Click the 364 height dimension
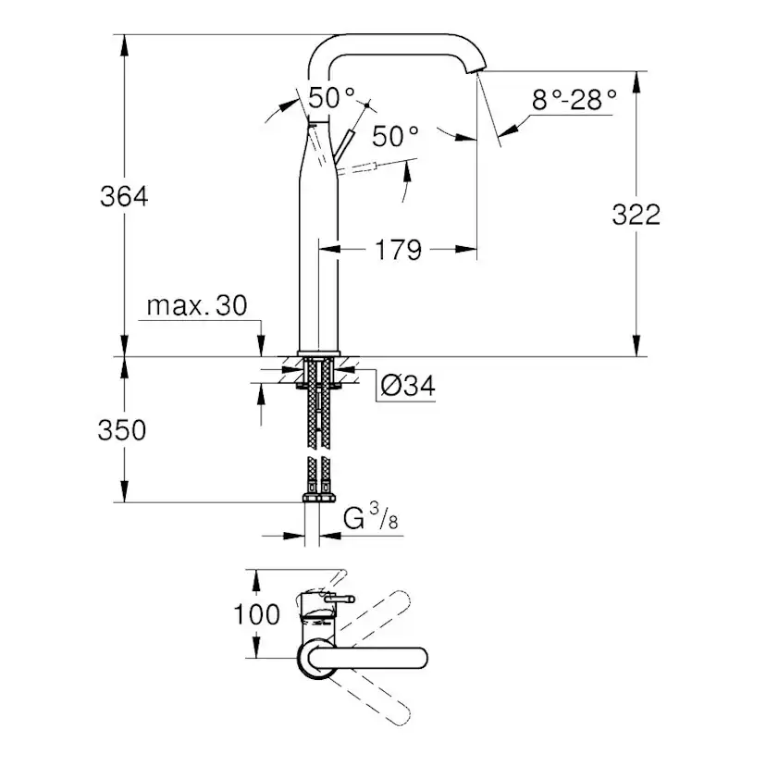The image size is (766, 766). (124, 196)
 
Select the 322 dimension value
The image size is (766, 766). (636, 214)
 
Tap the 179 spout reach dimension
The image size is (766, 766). (399, 249)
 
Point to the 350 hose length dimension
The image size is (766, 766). (123, 430)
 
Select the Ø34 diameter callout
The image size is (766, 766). (406, 387)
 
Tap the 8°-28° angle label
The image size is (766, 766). (574, 100)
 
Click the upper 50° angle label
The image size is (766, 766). (331, 96)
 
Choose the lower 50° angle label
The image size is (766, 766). (395, 137)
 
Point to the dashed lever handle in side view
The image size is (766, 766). (375, 168)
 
